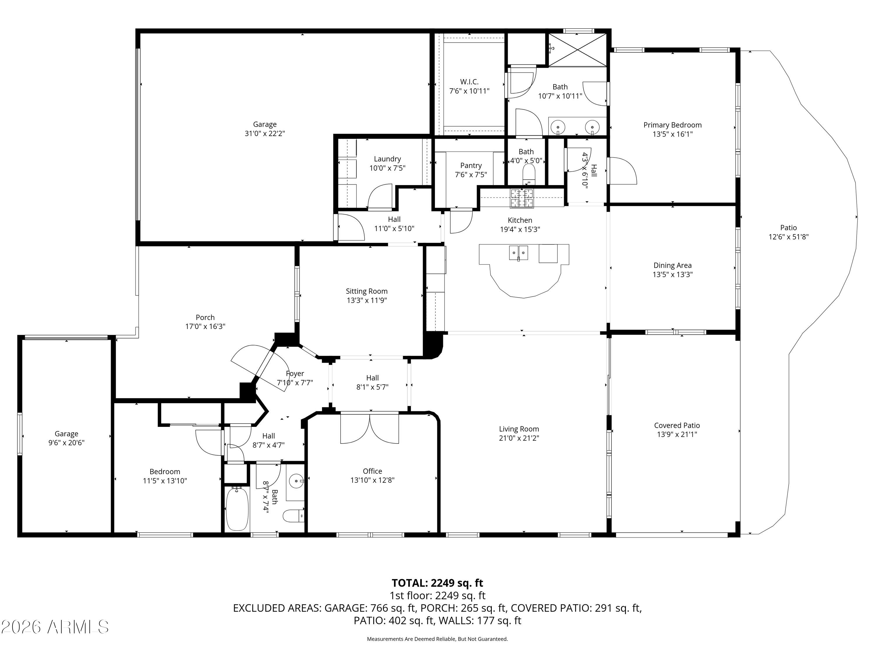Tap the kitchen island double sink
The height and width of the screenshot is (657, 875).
tap(518, 253)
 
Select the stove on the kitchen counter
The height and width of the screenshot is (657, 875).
tap(522, 198)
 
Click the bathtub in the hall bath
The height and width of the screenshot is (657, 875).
tap(237, 509)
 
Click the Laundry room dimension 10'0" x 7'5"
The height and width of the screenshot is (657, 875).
tap(387, 168)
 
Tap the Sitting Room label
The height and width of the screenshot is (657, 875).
tap(367, 291)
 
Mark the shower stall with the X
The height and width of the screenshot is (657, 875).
tap(577, 50)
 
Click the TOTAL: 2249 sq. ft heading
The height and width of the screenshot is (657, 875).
tap(437, 583)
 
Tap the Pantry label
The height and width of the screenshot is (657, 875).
tap(471, 166)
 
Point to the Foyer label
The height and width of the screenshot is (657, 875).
tap(295, 373)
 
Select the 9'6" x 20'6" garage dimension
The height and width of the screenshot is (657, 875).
tap(66, 443)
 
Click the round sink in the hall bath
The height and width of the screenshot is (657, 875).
tap(295, 482)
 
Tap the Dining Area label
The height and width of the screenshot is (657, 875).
tap(673, 265)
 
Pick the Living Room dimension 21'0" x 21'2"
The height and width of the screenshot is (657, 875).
tap(519, 438)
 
